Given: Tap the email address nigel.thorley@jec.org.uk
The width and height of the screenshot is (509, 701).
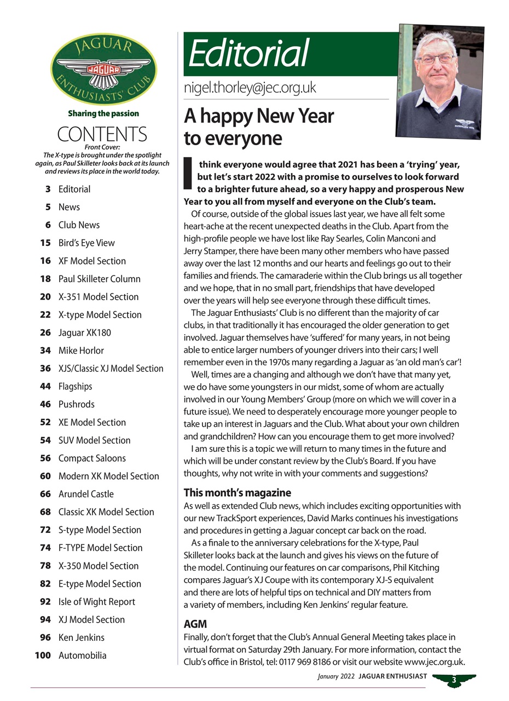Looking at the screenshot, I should (x=250, y=88).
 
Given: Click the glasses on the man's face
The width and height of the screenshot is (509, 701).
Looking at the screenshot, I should (x=436, y=59).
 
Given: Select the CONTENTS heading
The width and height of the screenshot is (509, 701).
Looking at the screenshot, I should (x=102, y=134).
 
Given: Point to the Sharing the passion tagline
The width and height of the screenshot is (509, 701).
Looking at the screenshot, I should (x=103, y=113).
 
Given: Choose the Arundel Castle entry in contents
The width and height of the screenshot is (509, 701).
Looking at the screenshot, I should (x=86, y=494).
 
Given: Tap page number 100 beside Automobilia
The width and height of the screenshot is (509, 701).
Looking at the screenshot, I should (x=43, y=656).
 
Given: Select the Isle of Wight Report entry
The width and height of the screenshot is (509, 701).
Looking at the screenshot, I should (x=96, y=602).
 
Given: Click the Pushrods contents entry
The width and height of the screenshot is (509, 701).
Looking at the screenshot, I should (x=76, y=404).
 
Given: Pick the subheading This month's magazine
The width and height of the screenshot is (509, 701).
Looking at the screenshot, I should (x=237, y=492).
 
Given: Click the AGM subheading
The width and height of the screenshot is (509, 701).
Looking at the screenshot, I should (x=195, y=624).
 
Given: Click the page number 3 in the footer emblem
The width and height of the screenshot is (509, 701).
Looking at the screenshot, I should (x=454, y=681).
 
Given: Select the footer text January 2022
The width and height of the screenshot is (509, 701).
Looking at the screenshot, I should (x=336, y=677).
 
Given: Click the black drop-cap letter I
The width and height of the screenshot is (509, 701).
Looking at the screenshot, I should (x=188, y=172).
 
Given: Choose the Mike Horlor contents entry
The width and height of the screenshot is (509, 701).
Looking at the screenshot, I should (x=80, y=350).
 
